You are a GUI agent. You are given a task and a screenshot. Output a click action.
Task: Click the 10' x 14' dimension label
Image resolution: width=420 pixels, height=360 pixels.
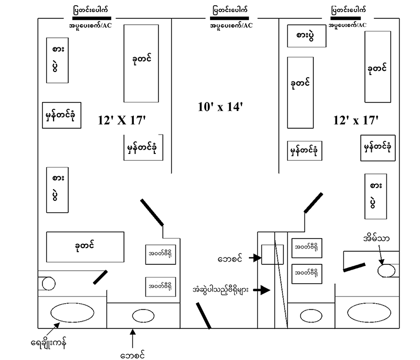pyautogui.click(x=218, y=107)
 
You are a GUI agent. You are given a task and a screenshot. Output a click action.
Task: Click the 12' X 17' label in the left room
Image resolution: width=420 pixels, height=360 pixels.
pyautogui.click(x=121, y=120)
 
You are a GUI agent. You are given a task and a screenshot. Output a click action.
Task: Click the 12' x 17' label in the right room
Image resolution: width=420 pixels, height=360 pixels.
pyautogui.click(x=355, y=120)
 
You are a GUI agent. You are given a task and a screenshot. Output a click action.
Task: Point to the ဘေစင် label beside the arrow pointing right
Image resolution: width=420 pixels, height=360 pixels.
pyautogui.click(x=232, y=258)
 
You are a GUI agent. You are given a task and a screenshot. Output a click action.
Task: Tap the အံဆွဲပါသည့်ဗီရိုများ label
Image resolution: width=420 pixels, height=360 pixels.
pyautogui.click(x=222, y=290)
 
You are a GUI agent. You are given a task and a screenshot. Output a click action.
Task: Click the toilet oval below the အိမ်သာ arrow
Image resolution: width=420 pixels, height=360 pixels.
pyautogui.click(x=387, y=270)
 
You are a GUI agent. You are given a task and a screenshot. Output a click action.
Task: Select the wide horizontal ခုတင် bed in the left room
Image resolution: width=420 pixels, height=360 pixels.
pyautogui.click(x=85, y=245)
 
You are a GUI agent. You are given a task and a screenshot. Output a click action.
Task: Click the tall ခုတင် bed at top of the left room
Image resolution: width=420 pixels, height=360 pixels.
pyautogui.click(x=141, y=63)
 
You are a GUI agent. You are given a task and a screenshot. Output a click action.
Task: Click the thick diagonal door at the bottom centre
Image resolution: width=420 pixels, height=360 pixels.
pyautogui.click(x=202, y=314)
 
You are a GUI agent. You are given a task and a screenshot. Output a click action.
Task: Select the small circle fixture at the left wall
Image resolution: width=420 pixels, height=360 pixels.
pyautogui.click(x=46, y=284)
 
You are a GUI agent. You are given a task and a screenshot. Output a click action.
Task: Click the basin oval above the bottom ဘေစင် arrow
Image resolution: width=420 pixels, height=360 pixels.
pyautogui.click(x=143, y=316)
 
